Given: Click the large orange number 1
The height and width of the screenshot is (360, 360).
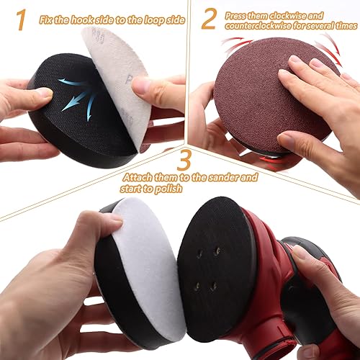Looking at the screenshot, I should [22, 19].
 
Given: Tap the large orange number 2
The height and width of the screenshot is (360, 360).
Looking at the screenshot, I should [208, 18].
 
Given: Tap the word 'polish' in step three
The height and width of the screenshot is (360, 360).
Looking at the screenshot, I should [168, 188].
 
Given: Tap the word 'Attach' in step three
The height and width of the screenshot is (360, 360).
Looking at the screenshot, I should [136, 176].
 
